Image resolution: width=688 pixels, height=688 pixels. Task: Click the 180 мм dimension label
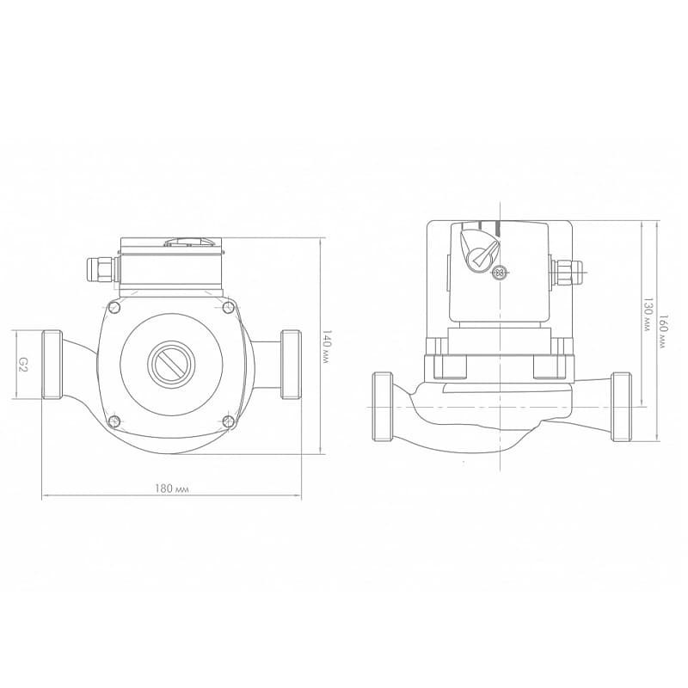(x=171, y=488)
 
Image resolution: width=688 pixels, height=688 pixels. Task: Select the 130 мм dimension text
(x=648, y=314)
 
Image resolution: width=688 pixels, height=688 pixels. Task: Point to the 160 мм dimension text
(x=663, y=331)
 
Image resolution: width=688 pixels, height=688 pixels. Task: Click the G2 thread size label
(x=23, y=364)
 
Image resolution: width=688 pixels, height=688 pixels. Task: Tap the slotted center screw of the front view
(x=171, y=364)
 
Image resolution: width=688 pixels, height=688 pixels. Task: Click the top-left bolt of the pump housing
(x=114, y=306)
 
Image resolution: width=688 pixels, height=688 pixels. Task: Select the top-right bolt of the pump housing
(x=228, y=307)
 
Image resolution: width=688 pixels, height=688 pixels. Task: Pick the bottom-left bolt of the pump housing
(x=114, y=421)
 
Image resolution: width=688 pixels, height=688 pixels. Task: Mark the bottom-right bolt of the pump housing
(x=228, y=421)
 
